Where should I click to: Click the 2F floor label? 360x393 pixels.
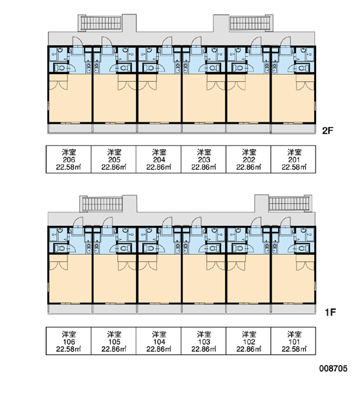(328, 130)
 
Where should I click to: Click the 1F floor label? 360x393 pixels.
(330, 312)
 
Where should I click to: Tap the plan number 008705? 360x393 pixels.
(333, 368)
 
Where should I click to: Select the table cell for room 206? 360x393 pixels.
(69, 159)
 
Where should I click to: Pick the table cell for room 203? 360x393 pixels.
(204, 159)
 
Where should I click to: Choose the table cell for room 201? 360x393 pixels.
(293, 159)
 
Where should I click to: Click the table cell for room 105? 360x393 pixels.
(114, 341)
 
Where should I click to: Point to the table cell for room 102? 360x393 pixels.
(249, 341)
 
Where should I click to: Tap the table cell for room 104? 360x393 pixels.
(158, 341)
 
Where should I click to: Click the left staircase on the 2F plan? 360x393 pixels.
(101, 23)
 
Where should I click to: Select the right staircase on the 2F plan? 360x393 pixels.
(250, 23)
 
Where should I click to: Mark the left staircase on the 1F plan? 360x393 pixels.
(102, 204)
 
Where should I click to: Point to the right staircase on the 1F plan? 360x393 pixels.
(289, 203)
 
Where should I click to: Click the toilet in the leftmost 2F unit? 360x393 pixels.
(60, 67)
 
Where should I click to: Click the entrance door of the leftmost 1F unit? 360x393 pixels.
(78, 223)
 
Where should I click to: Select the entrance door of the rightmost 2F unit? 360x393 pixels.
(285, 43)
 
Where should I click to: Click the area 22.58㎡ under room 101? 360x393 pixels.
(294, 348)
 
